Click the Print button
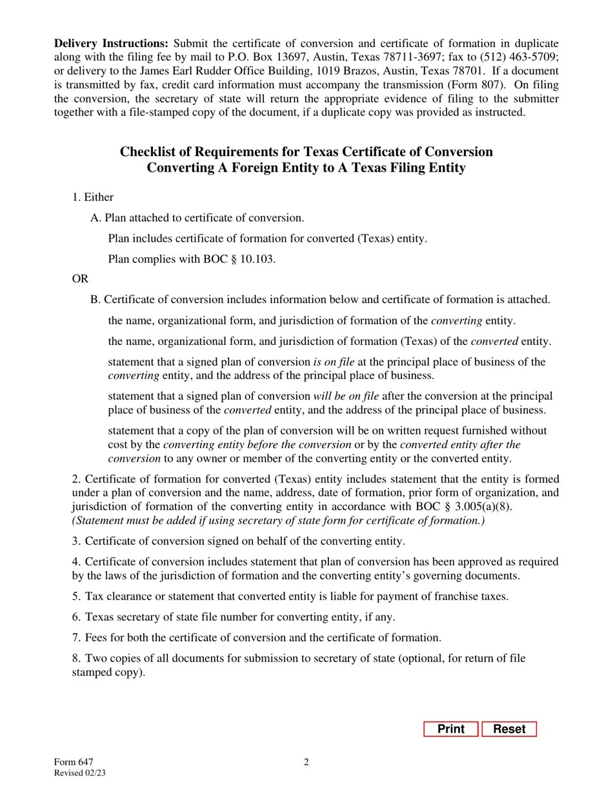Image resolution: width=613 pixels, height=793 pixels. pyautogui.click(x=450, y=729)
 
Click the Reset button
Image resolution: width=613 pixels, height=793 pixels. pyautogui.click(x=509, y=729)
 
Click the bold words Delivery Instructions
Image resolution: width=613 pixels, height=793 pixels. pyautogui.click(x=111, y=43)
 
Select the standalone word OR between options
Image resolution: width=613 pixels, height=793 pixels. pyautogui.click(x=80, y=279)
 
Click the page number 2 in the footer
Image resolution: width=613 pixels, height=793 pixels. pyautogui.click(x=306, y=763)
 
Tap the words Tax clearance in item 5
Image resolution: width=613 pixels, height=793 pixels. pyautogui.click(x=114, y=596)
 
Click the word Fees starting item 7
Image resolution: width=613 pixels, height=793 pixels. pyautogui.click(x=97, y=638)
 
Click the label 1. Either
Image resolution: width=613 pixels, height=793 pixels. pyautogui.click(x=93, y=197)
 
